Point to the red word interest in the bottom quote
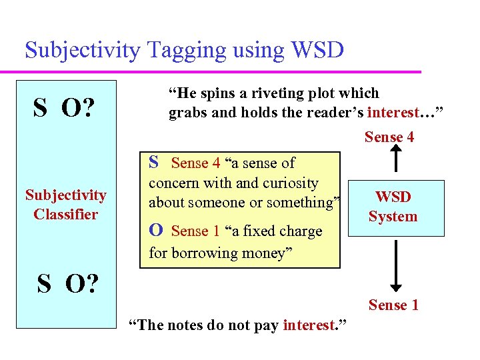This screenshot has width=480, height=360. tap(308, 325)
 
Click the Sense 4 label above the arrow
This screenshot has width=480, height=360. tap(389, 137)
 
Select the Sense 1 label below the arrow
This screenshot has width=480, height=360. tap(393, 305)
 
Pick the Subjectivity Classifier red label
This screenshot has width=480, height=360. tap(66, 205)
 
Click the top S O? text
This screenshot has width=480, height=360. tap(63, 107)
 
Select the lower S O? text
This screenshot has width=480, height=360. tap(66, 284)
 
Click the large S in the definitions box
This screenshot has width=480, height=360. tap(154, 162)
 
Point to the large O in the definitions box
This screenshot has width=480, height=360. tap(155, 231)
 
